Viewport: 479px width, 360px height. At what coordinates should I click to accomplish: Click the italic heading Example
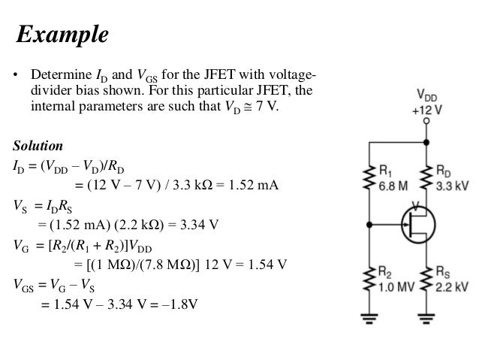tap(63, 35)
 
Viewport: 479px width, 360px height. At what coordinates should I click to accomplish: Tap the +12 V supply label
tap(426, 108)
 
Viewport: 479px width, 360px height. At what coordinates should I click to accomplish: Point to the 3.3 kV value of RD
tap(453, 185)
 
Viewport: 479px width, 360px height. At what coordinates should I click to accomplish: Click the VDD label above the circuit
tap(426, 95)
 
